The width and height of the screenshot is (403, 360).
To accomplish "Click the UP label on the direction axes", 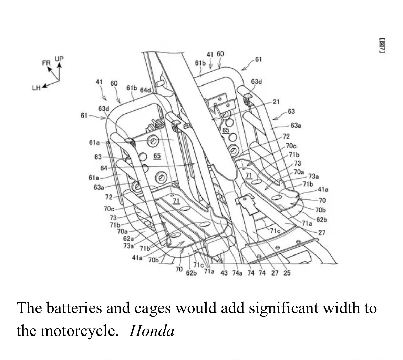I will coord(59,59).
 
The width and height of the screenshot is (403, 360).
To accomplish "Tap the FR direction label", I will coord(46,63).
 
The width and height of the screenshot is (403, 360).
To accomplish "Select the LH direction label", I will coord(37,88).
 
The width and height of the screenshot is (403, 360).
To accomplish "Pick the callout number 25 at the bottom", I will coord(287,273).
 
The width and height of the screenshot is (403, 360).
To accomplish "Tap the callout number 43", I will coord(224,273).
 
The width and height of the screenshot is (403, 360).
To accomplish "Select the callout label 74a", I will coord(237,273).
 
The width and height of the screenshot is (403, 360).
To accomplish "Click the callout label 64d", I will coord(145,90).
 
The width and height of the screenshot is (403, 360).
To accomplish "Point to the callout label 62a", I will coord(128,238).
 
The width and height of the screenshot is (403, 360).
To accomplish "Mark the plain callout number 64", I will coord(104,168).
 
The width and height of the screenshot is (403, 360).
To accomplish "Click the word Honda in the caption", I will coord(152,331).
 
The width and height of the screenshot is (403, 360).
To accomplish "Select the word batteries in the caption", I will coord(74,308).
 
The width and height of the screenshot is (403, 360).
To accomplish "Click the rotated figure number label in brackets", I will coord(382,46).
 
